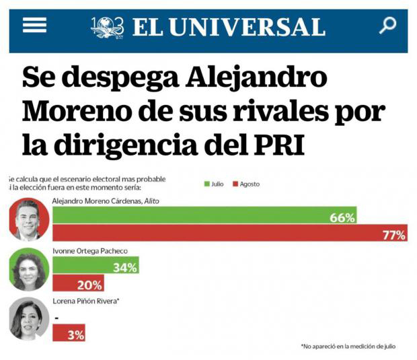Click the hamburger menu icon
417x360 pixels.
pyautogui.click(x=34, y=26)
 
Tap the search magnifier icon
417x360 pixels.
pyautogui.click(x=387, y=26)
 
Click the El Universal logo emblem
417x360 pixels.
pyautogui.click(x=108, y=27)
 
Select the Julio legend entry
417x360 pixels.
pyautogui.click(x=214, y=184)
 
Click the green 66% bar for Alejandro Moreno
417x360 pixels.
pyautogui.click(x=204, y=216)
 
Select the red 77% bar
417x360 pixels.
pyautogui.click(x=229, y=233)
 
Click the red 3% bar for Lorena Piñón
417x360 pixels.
pyautogui.click(x=69, y=333)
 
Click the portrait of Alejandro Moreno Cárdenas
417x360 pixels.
pyautogui.click(x=29, y=219)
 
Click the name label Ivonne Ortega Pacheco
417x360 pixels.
pyautogui.click(x=90, y=252)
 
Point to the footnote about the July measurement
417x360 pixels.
pyautogui.click(x=348, y=346)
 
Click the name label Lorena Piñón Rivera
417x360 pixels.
pyautogui.click(x=86, y=301)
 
